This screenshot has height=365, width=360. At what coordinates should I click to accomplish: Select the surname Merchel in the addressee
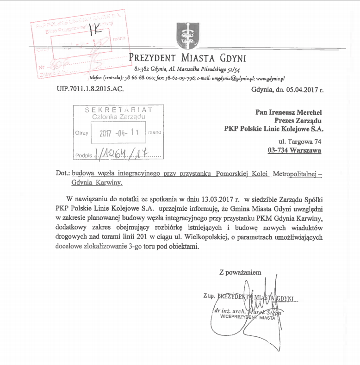coord(307,111)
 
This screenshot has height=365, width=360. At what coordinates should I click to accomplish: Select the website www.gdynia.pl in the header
coord(270,79)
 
